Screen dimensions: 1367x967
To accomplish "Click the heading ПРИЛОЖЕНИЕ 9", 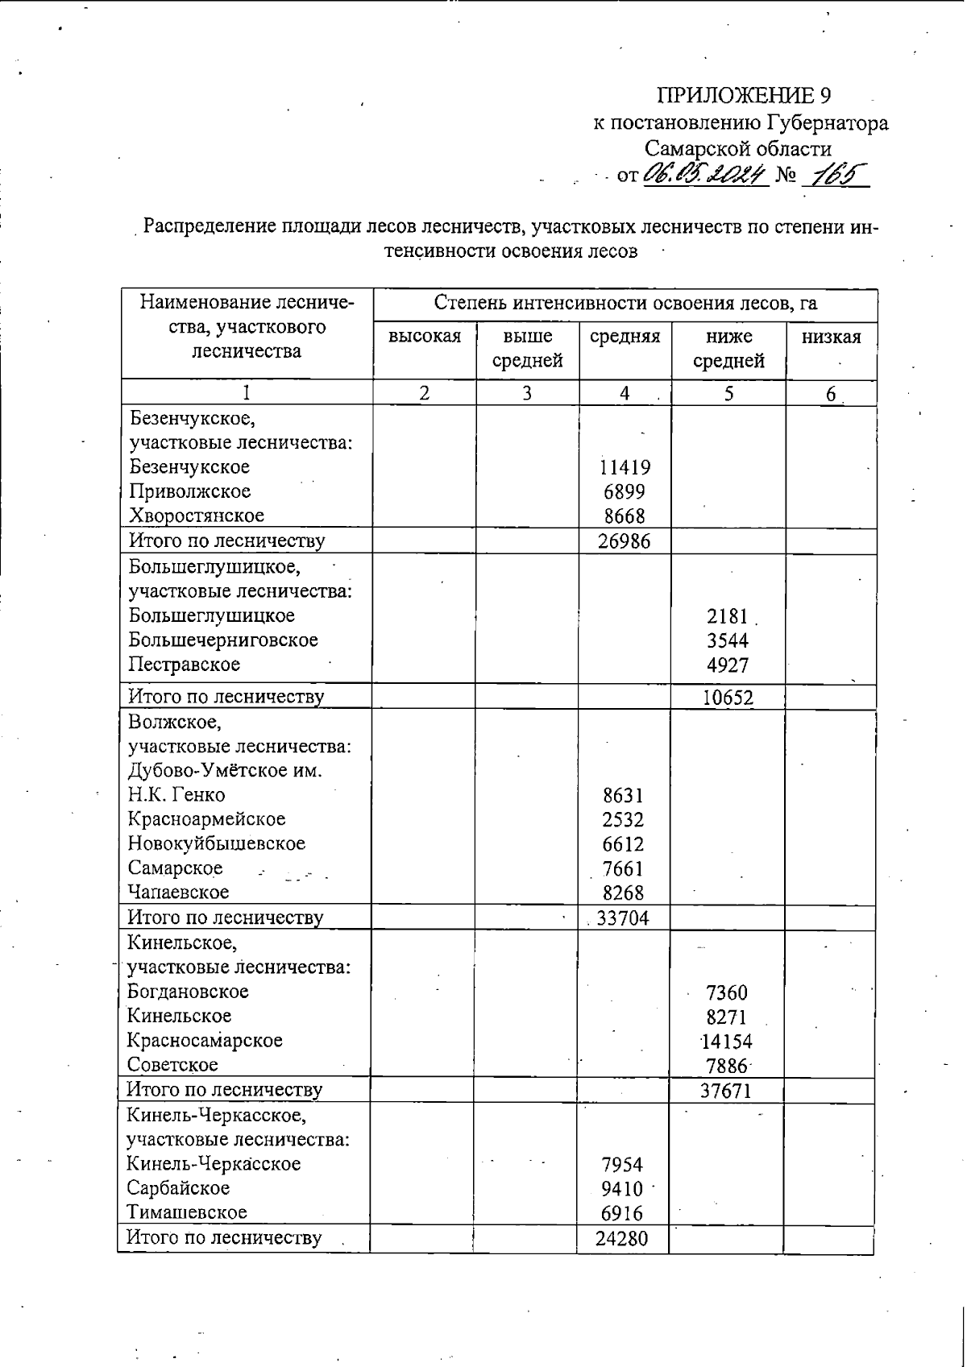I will point(744,96).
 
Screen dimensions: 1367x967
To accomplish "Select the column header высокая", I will point(425,337).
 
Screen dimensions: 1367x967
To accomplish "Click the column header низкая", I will point(831,337).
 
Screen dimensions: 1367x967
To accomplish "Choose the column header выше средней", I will point(527,348).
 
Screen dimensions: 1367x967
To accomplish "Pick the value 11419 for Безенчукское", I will point(625,467).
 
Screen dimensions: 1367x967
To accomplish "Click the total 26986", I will point(624,541).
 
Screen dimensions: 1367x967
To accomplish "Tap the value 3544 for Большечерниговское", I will point(728,641).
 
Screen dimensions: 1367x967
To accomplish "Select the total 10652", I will point(728,698).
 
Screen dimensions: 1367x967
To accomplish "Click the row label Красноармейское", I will point(206,819).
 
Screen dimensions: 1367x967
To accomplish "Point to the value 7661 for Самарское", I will point(623,868).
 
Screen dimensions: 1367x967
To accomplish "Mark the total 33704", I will point(622,918).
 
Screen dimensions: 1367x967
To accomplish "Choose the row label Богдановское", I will point(188,992).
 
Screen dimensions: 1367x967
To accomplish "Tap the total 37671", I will point(726,1092).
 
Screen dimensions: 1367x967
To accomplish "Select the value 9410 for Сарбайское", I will point(622,1189).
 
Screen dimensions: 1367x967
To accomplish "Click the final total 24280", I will point(621,1238).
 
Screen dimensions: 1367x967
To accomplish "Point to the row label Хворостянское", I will point(197,516).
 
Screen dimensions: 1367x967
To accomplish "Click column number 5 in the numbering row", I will point(728,393).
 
